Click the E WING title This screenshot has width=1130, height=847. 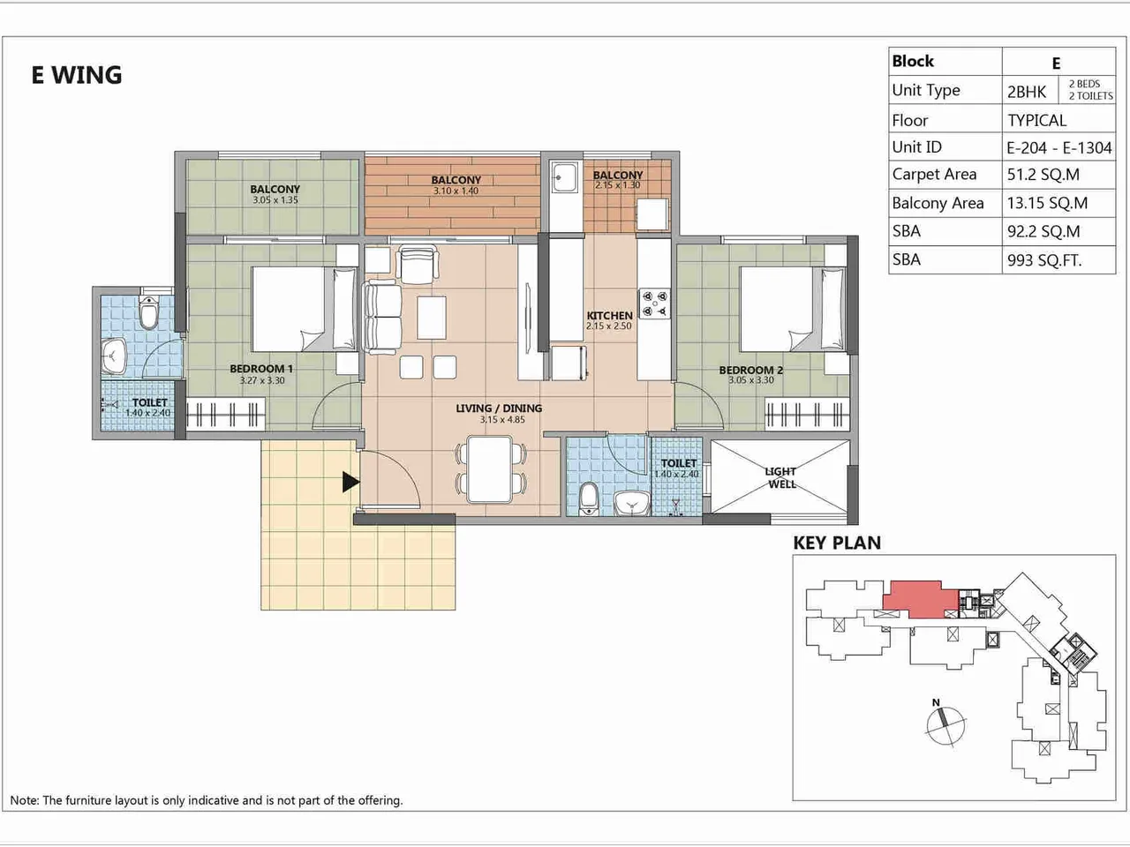77,75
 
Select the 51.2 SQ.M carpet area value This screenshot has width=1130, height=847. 1043,175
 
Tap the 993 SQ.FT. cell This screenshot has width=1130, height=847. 1043,260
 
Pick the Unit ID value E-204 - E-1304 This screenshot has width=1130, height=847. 1058,147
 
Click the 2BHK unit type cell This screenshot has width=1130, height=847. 1027,91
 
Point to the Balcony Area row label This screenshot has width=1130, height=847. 938,203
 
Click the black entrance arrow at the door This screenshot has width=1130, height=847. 350,482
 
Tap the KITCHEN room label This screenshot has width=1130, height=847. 609,316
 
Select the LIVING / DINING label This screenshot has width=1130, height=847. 499,409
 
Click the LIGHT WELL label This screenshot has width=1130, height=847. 781,477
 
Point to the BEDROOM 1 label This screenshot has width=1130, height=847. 261,370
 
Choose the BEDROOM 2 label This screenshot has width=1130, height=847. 750,371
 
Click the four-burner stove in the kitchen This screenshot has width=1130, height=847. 654,304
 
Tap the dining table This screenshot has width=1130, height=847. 491,468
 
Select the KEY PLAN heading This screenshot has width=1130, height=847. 836,543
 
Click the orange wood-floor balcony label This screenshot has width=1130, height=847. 456,180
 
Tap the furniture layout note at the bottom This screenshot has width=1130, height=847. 207,800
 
